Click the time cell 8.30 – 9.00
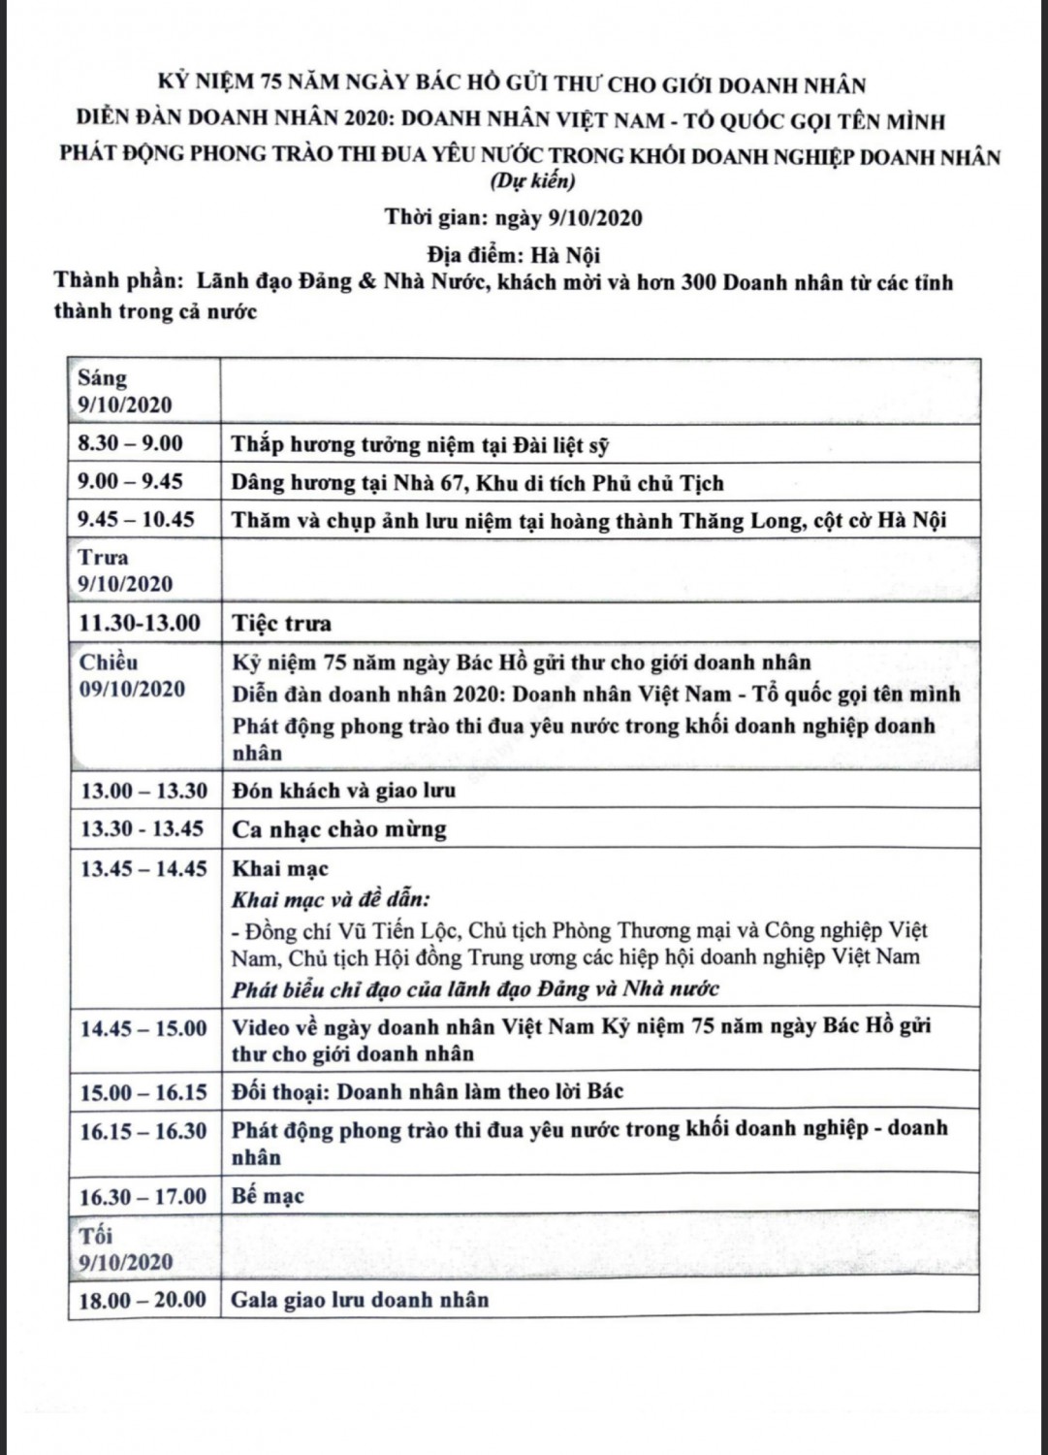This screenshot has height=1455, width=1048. (x=131, y=443)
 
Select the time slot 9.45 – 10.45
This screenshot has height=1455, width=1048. (x=137, y=519)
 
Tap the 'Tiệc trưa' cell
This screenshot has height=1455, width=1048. (x=281, y=623)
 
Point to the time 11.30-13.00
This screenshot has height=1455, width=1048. (x=140, y=623)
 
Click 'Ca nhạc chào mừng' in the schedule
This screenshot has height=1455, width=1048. (x=339, y=829)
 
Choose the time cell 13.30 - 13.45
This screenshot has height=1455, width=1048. (x=143, y=829)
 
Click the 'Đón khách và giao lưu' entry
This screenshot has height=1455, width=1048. (x=344, y=791)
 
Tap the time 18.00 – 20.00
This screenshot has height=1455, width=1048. (x=143, y=1300)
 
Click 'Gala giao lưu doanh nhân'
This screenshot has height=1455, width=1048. (x=360, y=1300)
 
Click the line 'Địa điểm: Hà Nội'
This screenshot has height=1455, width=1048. (x=514, y=254)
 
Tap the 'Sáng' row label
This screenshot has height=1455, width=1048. (x=103, y=377)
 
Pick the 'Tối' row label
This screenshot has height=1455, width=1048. (x=96, y=1235)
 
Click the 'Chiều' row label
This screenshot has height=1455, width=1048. (x=109, y=663)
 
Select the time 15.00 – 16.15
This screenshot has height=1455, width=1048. (x=143, y=1092)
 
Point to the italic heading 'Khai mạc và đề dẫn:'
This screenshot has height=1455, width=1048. (x=331, y=899)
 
